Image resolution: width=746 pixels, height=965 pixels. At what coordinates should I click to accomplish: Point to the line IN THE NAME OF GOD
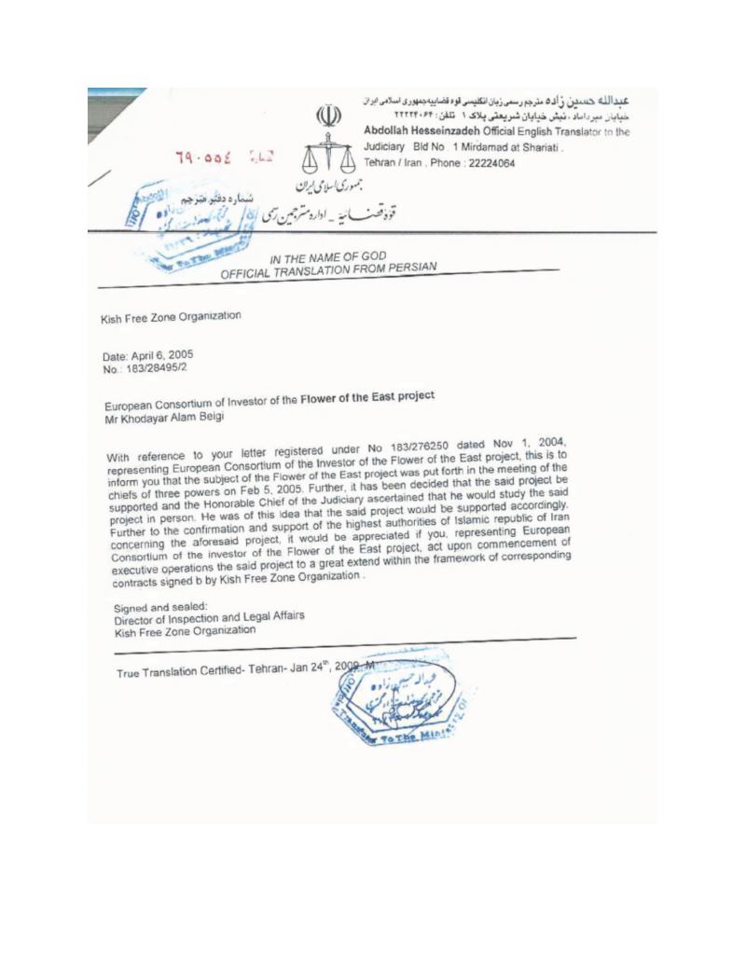coord(327,258)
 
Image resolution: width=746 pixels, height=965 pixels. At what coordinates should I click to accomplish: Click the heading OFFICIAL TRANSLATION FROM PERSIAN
coord(327,271)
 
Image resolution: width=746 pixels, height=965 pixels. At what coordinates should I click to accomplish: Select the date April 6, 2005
coord(148,355)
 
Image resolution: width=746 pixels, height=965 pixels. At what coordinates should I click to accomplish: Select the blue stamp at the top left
coord(177,219)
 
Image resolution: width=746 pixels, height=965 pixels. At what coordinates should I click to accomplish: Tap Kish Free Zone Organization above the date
coord(171,317)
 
